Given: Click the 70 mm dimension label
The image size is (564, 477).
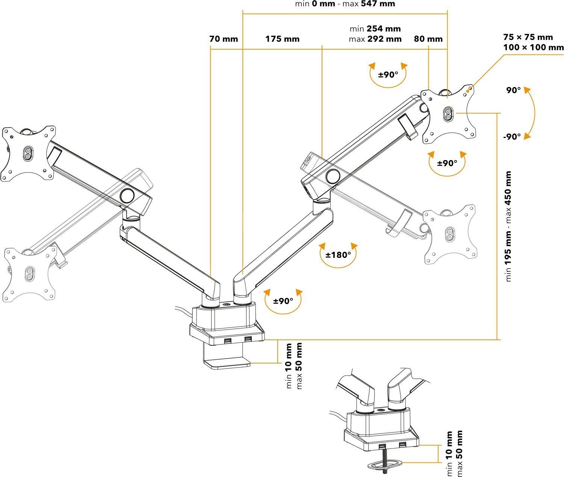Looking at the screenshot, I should (224, 39).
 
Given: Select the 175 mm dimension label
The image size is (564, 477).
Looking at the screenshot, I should (282, 39).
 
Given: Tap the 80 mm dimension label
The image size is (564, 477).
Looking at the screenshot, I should (428, 39).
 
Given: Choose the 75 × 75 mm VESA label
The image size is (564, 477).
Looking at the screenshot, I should (528, 37).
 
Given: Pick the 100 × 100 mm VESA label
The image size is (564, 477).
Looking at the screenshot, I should (533, 47).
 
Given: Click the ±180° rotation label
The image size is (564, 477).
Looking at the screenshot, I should (338, 255).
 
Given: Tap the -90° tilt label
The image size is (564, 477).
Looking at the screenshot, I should (512, 136).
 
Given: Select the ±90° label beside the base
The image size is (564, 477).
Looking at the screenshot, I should (283, 301).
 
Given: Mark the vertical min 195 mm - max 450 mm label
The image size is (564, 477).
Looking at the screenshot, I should (509, 226).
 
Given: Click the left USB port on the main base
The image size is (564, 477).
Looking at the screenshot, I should (228, 340).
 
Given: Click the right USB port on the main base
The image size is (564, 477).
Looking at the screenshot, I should (248, 340).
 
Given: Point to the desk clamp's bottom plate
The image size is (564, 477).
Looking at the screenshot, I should (227, 363).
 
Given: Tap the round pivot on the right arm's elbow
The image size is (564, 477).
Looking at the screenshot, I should (333, 176).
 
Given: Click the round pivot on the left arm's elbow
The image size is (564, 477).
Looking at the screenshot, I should (127, 195).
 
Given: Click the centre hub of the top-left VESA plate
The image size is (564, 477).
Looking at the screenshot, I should (28, 153).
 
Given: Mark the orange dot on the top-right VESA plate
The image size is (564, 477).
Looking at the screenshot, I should (468, 90).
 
